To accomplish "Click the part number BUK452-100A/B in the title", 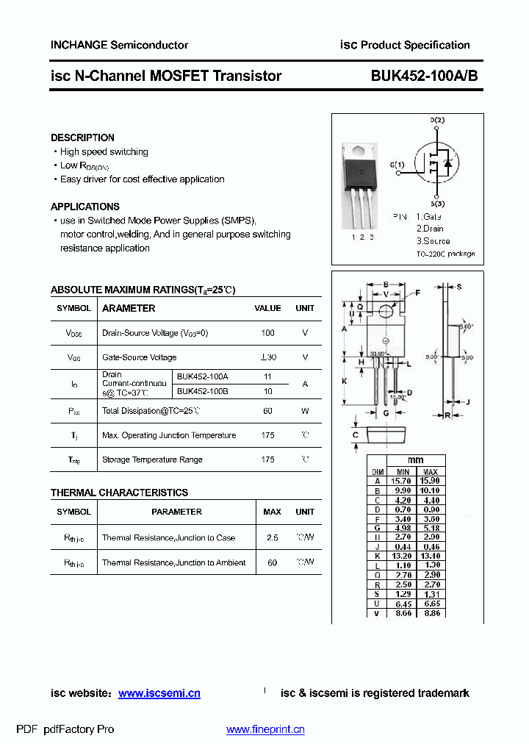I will tap(424, 76).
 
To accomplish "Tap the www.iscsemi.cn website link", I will tap(159, 693).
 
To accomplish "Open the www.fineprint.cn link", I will tap(265, 729).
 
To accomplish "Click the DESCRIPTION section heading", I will tap(82, 137).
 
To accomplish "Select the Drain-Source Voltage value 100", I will tap(267, 333).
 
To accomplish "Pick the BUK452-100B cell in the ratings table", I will tap(202, 391).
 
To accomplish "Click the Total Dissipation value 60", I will tap(267, 411).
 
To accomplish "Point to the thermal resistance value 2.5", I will tap(272, 537).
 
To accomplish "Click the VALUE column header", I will tap(267, 309).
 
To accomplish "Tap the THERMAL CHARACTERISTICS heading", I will tap(119, 493).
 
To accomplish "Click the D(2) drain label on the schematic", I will tap(437, 120).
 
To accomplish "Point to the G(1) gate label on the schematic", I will tap(397, 165).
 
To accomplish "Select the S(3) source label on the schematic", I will tap(438, 204).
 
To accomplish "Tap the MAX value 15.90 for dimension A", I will tap(431, 480).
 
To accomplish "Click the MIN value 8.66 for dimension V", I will tap(403, 612).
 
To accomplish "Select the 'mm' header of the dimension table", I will tap(416, 460).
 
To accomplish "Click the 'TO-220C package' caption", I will tap(445, 254).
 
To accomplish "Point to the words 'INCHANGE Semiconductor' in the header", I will tap(119, 45).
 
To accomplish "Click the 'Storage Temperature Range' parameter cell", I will tap(152, 459).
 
